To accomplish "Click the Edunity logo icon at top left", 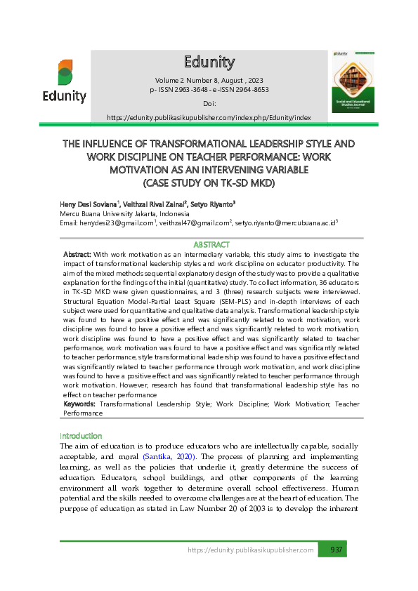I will [65, 72].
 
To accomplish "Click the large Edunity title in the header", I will [209, 61].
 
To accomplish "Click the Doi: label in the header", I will [209, 103].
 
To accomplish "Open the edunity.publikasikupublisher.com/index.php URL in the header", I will [209, 117].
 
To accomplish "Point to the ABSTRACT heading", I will [211, 244].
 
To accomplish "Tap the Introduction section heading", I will [81, 435].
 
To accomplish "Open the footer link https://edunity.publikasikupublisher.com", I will [251, 550].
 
